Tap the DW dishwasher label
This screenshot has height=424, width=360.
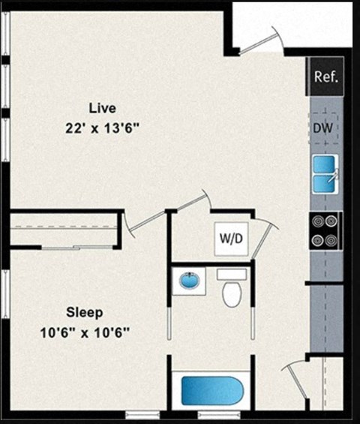pyautogui.click(x=323, y=128)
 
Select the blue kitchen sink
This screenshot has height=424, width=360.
pyautogui.click(x=325, y=173)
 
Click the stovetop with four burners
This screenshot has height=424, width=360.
pyautogui.click(x=325, y=230)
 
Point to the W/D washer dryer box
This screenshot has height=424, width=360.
pyautogui.click(x=230, y=239)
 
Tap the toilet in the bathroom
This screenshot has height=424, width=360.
pyautogui.click(x=232, y=291)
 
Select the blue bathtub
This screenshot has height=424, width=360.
pyautogui.click(x=212, y=391)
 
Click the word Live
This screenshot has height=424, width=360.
pyautogui.click(x=102, y=107)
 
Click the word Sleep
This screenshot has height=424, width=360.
pyautogui.click(x=85, y=312)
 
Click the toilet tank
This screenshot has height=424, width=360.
pyautogui.click(x=232, y=275)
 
